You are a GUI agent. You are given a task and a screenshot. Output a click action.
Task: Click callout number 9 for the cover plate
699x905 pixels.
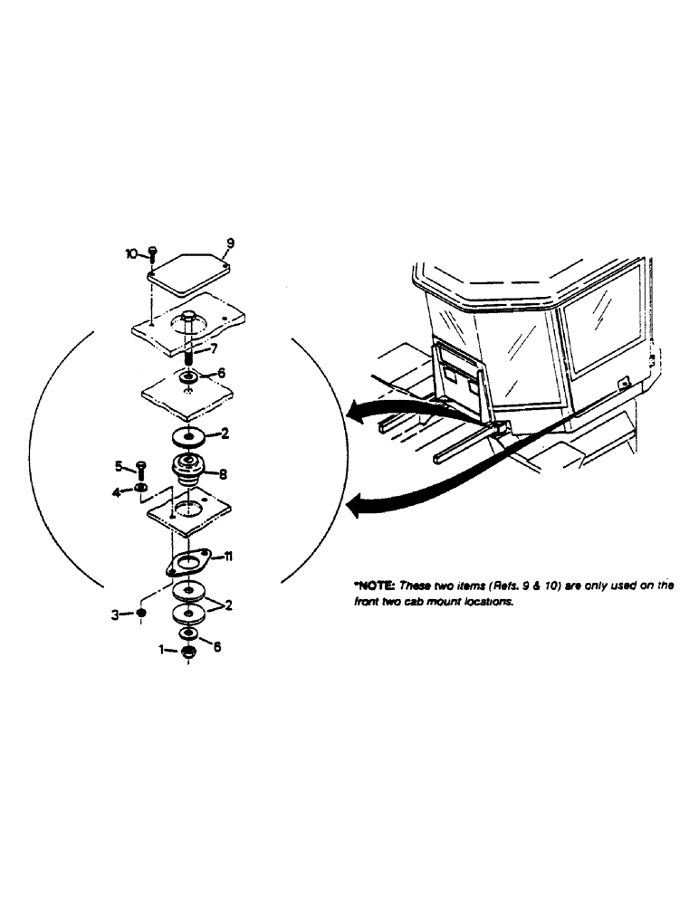[230, 243]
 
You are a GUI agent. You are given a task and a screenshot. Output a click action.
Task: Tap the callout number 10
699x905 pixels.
[131, 254]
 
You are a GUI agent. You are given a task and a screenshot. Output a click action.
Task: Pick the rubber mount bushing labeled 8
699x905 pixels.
[189, 471]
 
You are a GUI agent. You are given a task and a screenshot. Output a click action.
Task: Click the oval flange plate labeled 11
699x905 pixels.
[189, 564]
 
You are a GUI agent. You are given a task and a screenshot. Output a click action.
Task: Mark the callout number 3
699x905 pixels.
[115, 614]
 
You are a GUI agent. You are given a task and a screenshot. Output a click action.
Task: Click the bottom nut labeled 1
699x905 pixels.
[187, 652]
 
